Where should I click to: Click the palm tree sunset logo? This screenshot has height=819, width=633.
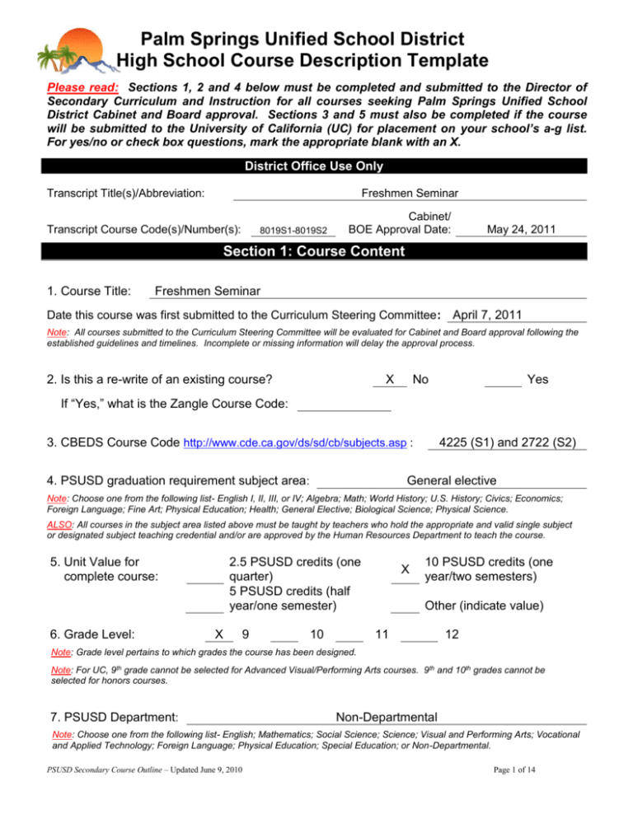click(69, 48)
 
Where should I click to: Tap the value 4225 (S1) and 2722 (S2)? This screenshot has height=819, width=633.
click(507, 441)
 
